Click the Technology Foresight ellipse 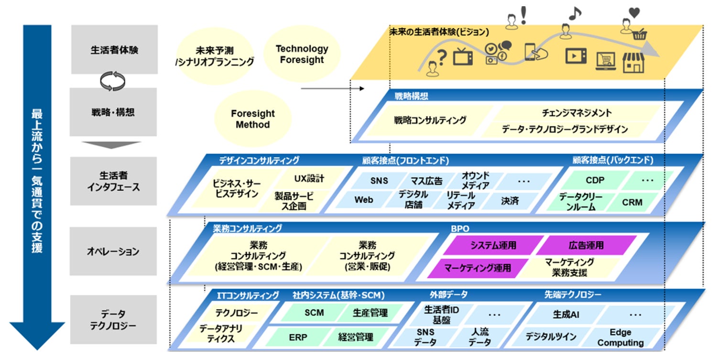[302, 54]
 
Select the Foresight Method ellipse [253, 119]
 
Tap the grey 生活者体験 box [114, 50]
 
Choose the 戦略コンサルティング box [430, 120]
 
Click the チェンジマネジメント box [577, 113]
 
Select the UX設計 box [309, 178]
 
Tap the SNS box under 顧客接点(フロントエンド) [379, 181]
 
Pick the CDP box [595, 180]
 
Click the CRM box [632, 202]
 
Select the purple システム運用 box [493, 245]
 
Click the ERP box [298, 337]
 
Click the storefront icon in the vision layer [633, 63]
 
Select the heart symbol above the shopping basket [634, 13]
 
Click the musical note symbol [575, 13]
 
